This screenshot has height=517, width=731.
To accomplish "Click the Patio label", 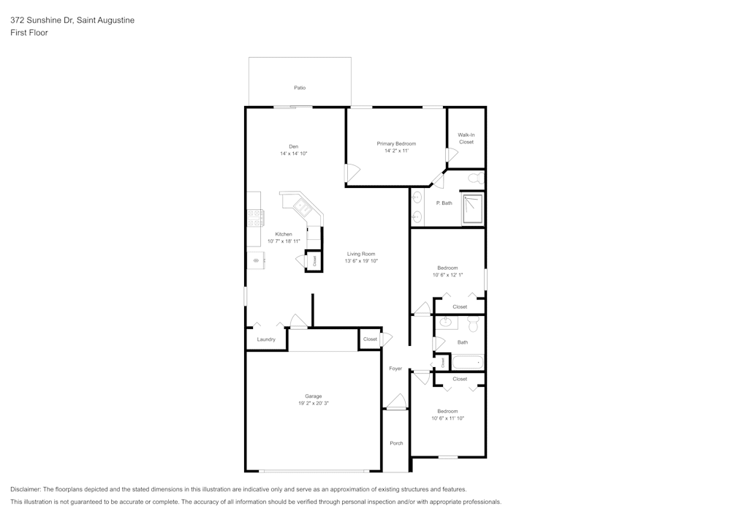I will (x=300, y=88).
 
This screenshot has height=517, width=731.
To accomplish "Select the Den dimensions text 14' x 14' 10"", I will (x=293, y=154).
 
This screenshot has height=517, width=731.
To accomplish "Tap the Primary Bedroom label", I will (x=396, y=143).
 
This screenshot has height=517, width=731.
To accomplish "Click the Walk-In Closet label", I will (x=466, y=138).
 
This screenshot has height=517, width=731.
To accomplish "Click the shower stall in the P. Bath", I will (x=473, y=209).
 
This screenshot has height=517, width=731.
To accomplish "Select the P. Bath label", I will (x=444, y=203).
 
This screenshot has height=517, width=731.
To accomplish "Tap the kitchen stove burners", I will (x=255, y=217).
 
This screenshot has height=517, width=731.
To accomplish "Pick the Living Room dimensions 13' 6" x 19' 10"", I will (x=361, y=261).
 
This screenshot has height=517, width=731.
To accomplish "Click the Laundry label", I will (x=266, y=339).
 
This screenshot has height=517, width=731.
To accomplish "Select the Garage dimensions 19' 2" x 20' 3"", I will (x=313, y=403).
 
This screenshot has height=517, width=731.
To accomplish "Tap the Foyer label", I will (x=395, y=369).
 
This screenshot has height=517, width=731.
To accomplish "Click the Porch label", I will (x=396, y=443).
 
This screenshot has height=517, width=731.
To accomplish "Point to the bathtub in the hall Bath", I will (x=468, y=361).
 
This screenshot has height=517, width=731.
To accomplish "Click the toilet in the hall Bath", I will (x=472, y=324).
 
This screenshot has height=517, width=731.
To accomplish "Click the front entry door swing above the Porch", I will (x=396, y=401).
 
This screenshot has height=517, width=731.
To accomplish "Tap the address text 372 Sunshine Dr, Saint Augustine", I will (x=72, y=20).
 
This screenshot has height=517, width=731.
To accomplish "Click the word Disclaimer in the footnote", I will (x=26, y=489).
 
